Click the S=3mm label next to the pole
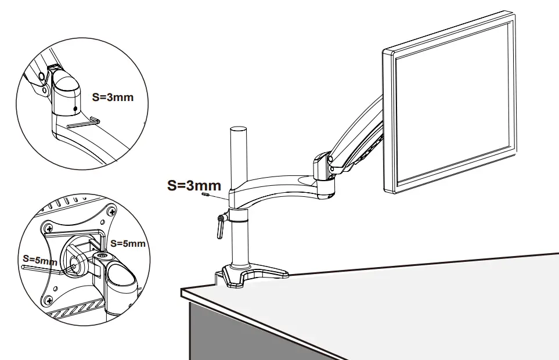tap(194, 186)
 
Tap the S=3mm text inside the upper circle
tap(113, 97)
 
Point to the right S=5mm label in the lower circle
tap(128, 243)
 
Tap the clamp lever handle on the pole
tap(220, 226)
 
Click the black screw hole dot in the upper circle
tap(75, 109)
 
